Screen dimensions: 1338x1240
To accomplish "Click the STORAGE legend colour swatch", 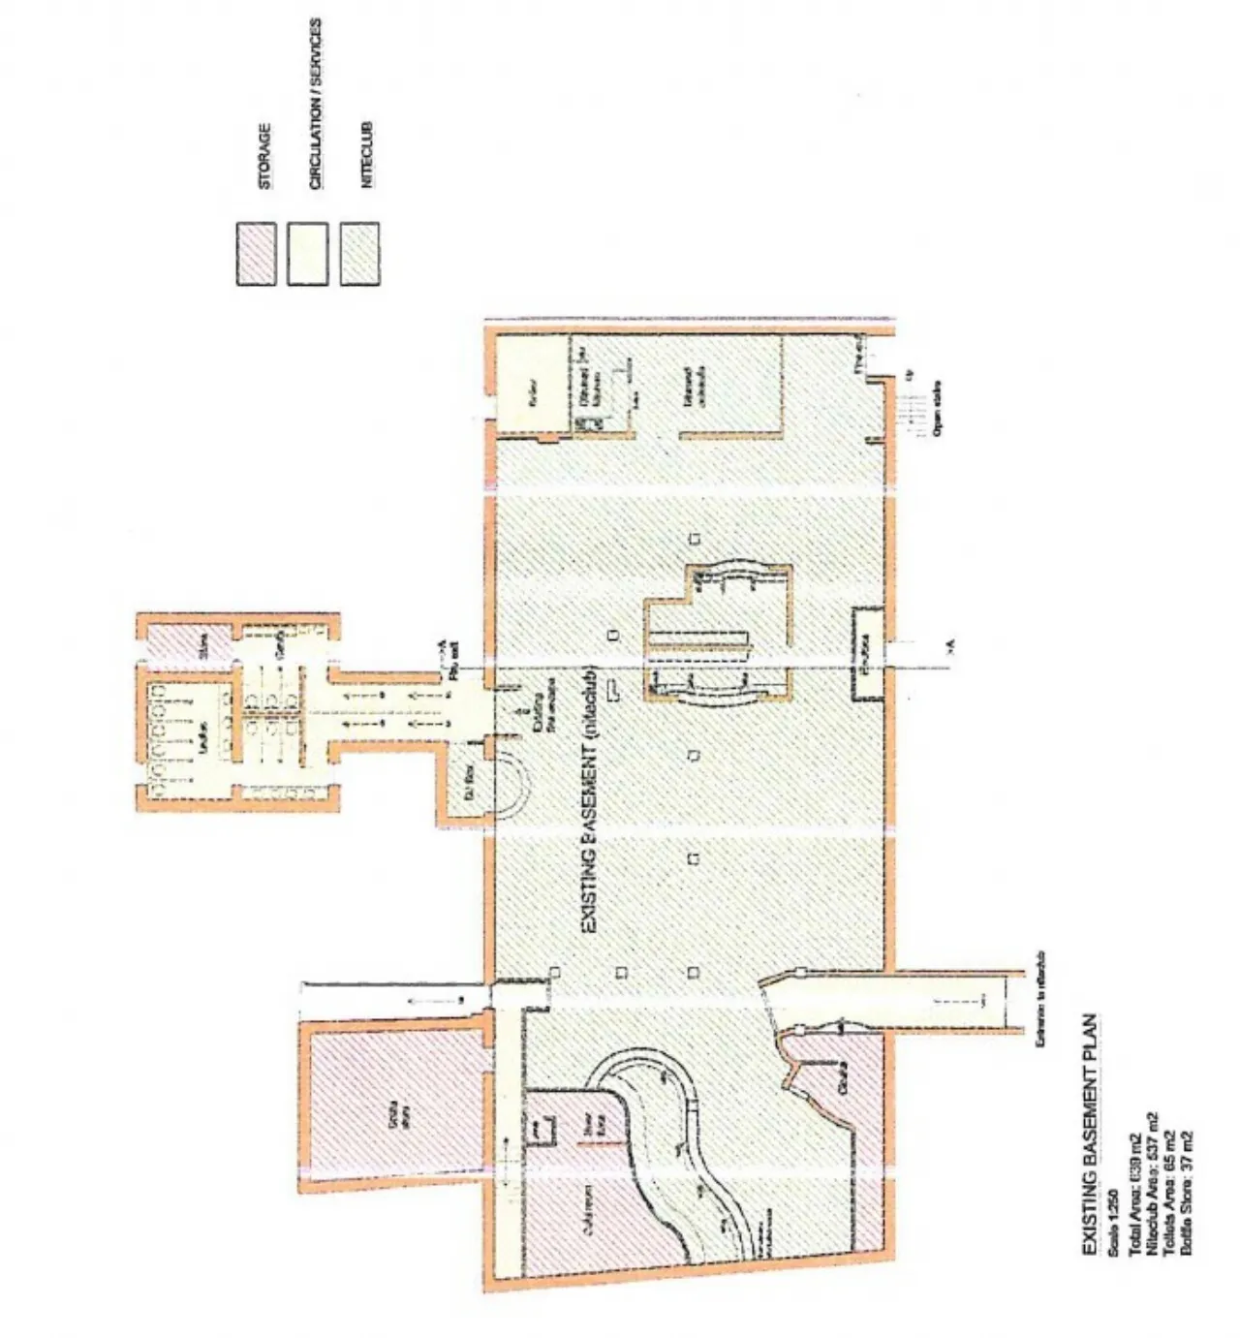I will point(256,254).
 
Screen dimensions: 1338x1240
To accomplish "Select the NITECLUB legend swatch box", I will point(359,254).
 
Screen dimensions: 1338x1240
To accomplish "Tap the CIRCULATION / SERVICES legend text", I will point(316,104).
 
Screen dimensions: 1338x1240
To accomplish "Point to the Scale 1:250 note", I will point(1114,1210).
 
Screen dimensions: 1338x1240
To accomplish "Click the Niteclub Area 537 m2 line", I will point(1150,1183).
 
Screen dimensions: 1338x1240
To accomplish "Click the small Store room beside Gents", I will point(203,644).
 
